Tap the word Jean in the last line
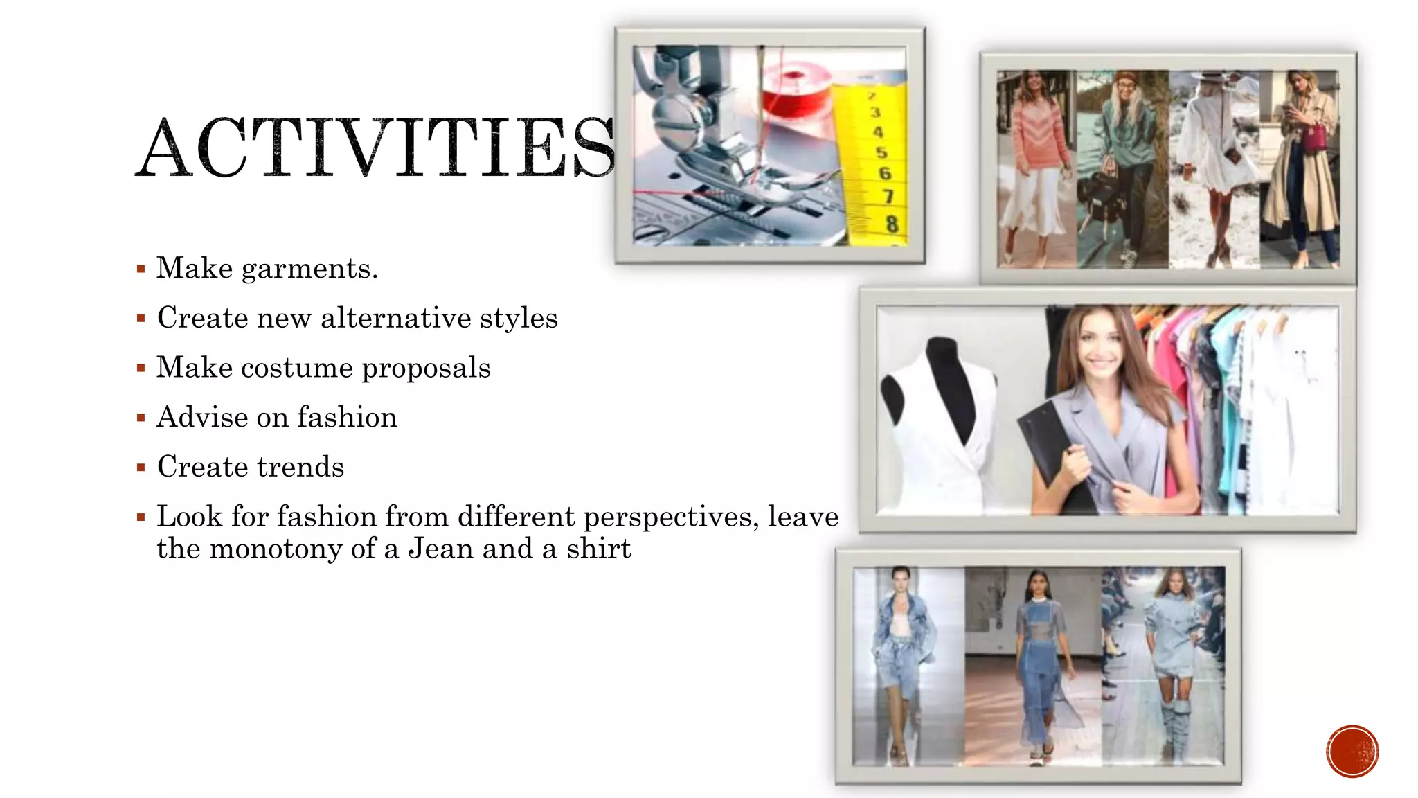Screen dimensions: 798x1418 [440, 549]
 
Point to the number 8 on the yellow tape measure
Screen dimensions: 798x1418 [891, 224]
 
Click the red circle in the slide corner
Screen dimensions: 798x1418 [1352, 751]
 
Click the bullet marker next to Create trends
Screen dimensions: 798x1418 [141, 468]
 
